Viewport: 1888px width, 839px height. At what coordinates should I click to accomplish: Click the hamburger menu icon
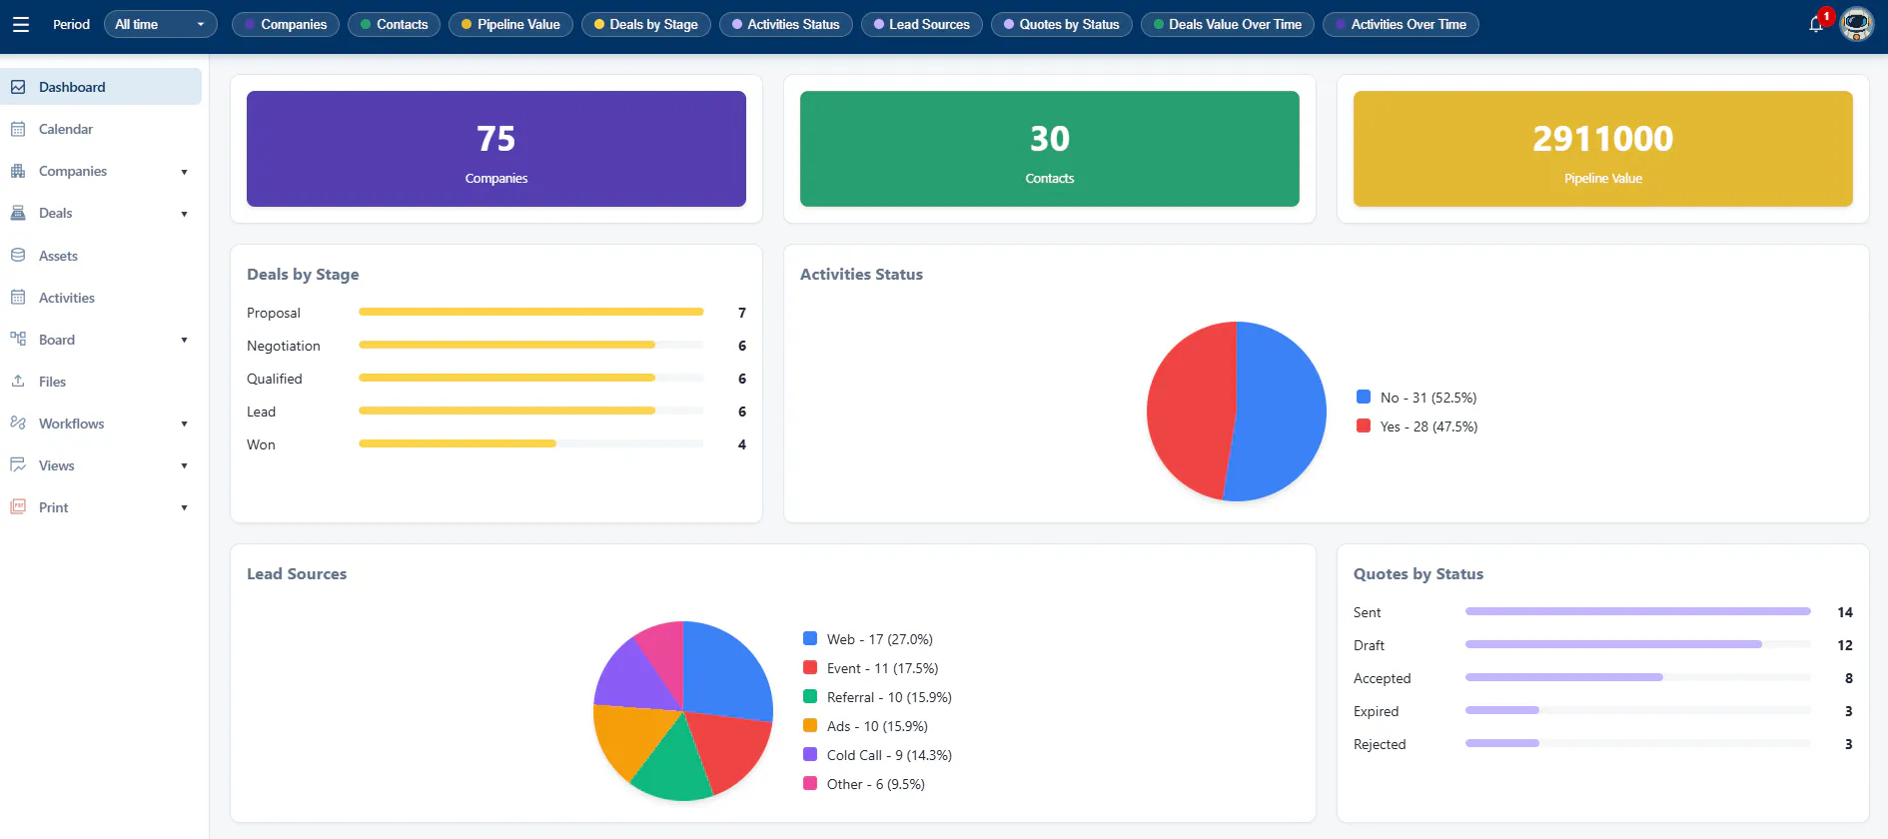pos(20,24)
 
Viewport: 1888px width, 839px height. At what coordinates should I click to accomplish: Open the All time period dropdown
pos(160,24)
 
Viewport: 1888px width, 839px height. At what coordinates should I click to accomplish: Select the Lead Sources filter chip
pos(921,24)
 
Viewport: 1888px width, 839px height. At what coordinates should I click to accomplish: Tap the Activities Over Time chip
pos(1401,24)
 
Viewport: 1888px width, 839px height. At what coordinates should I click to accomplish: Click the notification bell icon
pos(1816,24)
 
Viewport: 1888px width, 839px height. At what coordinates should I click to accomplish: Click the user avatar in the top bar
pos(1857,24)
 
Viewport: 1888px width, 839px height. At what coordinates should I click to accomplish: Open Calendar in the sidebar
pos(66,129)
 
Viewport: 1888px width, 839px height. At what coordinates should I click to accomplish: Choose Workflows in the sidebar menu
pos(71,423)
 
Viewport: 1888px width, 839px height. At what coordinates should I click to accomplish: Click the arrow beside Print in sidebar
pos(184,507)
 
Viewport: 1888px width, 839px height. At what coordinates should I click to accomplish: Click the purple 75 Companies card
pos(496,149)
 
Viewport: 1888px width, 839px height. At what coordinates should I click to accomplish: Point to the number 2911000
pos(1602,138)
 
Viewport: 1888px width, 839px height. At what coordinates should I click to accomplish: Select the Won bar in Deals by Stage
pos(457,443)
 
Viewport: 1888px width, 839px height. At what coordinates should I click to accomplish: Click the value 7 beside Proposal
pos(742,313)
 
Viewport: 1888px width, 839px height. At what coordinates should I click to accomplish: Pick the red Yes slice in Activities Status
pos(1189,410)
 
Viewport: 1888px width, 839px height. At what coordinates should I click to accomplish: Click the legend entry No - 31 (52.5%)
pos(1416,398)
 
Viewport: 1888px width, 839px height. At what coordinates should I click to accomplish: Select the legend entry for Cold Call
pos(877,755)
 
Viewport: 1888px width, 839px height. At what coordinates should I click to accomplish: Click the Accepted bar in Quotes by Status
pos(1563,677)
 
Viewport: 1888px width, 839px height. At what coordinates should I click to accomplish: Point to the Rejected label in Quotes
pos(1380,744)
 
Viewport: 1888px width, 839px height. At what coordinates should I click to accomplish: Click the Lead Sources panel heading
pos(297,574)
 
